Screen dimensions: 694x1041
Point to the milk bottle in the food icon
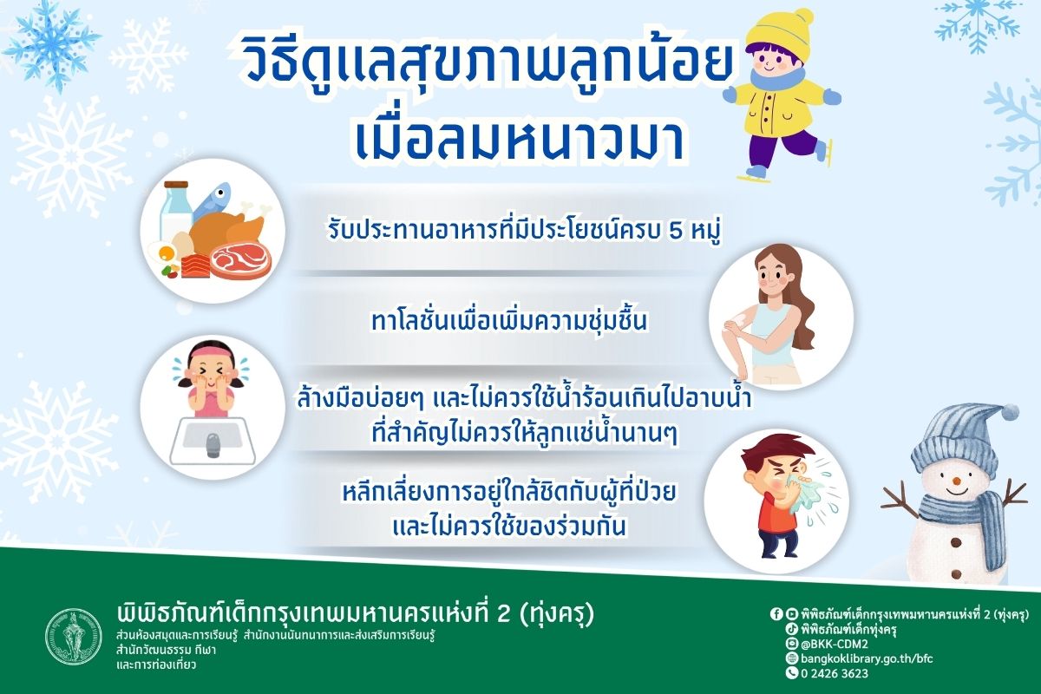click(x=177, y=213)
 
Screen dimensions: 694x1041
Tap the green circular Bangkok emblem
click(x=73, y=636)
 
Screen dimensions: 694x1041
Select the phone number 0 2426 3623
click(x=833, y=672)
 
